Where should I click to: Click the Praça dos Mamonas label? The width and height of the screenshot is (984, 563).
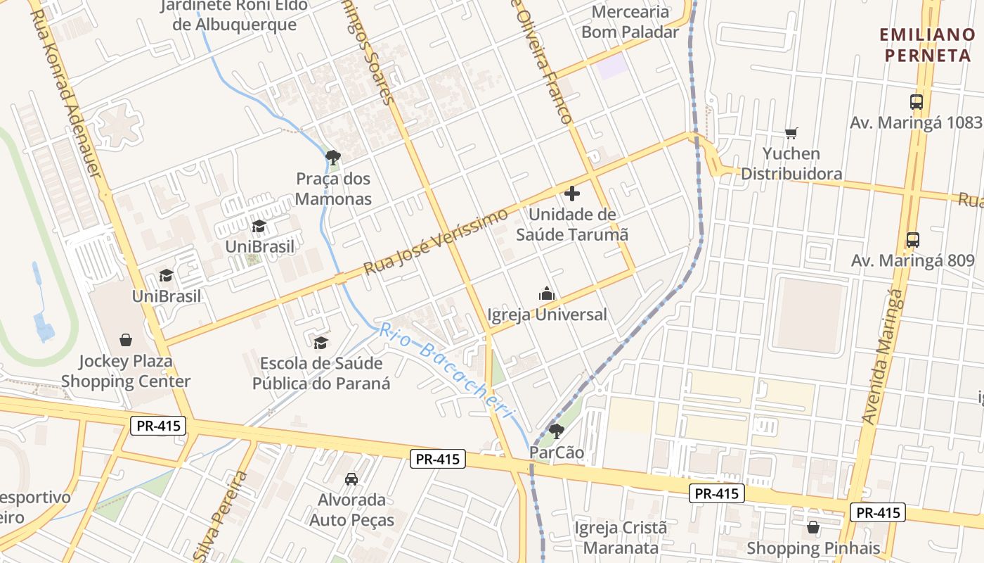[x=333, y=189]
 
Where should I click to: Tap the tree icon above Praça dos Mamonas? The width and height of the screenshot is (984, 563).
[x=333, y=157]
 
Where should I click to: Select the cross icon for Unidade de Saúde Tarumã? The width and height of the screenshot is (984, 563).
[x=572, y=193]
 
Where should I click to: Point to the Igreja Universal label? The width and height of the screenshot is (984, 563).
[x=547, y=315]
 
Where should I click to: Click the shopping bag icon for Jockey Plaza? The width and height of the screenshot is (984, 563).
[x=126, y=341]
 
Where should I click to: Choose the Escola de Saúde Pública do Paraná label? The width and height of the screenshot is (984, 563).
[x=321, y=373]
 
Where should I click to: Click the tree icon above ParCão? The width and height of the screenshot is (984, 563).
[x=556, y=431]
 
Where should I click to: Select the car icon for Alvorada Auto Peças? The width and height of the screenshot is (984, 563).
[x=351, y=479]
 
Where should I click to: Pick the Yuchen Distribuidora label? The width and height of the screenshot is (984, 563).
[x=791, y=163]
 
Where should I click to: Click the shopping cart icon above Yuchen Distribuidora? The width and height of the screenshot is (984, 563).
[x=791, y=133]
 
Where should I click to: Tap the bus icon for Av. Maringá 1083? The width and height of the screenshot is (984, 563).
[x=917, y=101]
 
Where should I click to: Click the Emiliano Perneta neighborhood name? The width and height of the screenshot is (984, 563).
[x=927, y=44]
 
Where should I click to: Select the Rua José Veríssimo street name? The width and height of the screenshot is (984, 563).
[x=436, y=241]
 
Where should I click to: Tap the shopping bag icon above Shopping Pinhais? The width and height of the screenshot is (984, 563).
[x=813, y=527]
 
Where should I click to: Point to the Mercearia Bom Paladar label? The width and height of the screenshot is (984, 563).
[x=630, y=22]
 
